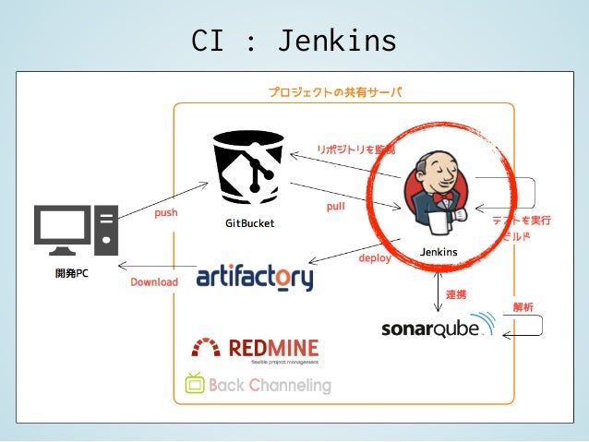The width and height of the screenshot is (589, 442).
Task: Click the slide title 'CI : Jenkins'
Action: tap(294, 41)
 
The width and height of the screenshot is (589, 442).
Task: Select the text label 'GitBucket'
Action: tap(249, 224)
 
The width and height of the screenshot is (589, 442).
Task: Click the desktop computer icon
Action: tap(76, 230)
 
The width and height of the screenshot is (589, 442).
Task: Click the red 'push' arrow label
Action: tap(166, 212)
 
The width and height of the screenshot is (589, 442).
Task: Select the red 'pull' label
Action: tap(335, 207)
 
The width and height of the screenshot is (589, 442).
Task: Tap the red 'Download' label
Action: tap(154, 281)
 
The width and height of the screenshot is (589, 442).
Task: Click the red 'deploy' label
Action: tap(375, 258)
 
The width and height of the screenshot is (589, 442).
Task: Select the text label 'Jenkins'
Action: tap(439, 252)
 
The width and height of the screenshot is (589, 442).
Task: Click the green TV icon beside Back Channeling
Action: tap(194, 383)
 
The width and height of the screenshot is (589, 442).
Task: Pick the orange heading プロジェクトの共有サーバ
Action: tap(335, 92)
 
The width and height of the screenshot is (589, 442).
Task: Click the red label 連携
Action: tap(456, 294)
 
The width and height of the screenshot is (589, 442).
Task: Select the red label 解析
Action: tap(523, 306)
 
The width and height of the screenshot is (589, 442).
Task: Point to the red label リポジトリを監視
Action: tap(355, 149)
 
